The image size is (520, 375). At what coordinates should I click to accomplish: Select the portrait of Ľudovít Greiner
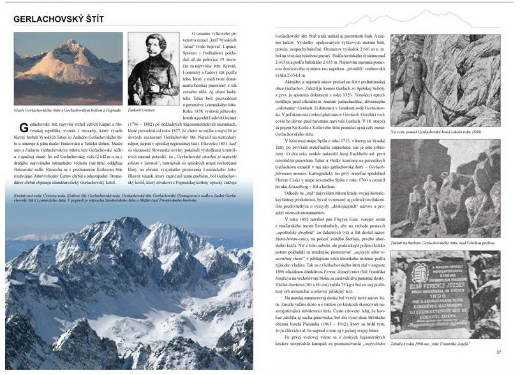pyautogui.click(x=152, y=69)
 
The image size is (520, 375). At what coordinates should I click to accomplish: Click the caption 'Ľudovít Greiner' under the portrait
pyautogui.click(x=146, y=109)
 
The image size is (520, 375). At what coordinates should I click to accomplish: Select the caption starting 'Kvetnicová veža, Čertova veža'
pyautogui.click(x=128, y=197)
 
